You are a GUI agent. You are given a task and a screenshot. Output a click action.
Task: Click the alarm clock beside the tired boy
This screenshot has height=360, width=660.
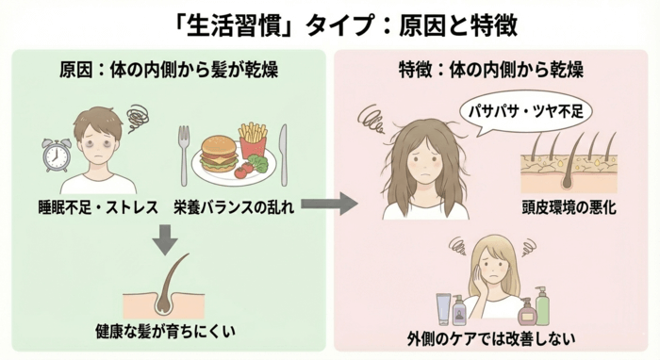click(x=56, y=155)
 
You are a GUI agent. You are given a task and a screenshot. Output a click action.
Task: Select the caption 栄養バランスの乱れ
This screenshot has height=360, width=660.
click(x=234, y=205)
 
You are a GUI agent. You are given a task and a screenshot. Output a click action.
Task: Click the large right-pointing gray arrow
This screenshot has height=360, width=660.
click(x=333, y=203)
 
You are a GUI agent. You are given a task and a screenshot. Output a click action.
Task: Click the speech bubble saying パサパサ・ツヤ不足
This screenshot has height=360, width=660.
click(x=525, y=111)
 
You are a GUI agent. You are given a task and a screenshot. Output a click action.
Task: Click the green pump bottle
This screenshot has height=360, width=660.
click(x=541, y=305)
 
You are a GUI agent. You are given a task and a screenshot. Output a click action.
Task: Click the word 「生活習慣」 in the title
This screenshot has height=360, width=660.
click(x=225, y=23)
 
